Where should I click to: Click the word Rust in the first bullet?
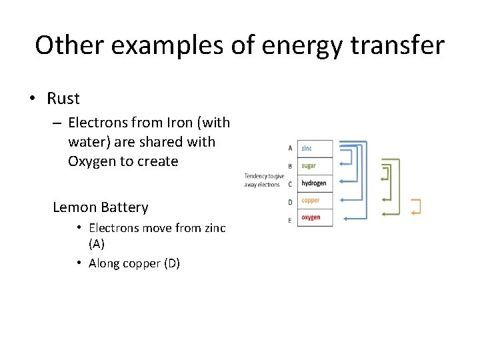click(x=63, y=99)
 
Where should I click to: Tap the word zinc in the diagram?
click(x=307, y=148)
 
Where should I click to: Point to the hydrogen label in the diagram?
click(x=313, y=183)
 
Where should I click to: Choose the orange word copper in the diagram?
click(x=311, y=200)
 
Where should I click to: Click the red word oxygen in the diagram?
click(x=311, y=217)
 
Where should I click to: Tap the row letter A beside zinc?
click(x=289, y=148)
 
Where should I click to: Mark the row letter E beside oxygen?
click(x=289, y=220)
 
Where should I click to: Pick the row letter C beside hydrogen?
click(x=289, y=184)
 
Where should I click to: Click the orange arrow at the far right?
click(x=416, y=207)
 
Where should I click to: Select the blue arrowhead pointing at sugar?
click(x=343, y=165)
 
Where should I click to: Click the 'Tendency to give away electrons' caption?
click(x=264, y=180)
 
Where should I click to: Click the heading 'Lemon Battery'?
click(x=100, y=207)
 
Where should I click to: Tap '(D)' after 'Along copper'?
click(x=171, y=263)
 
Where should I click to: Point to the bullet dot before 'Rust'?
click(x=32, y=99)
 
